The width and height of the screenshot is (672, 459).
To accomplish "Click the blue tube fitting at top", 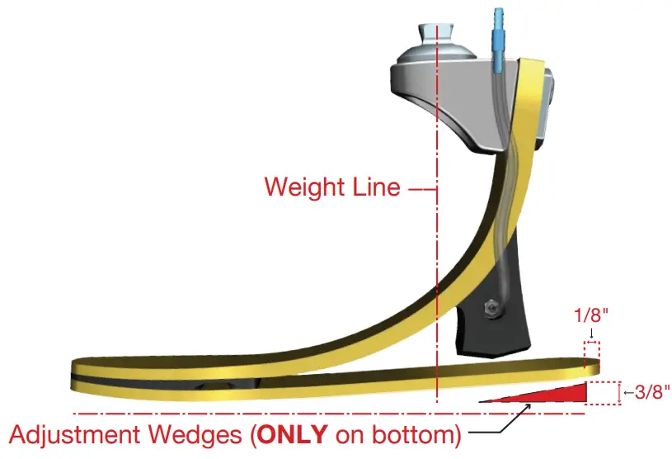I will (x=496, y=33).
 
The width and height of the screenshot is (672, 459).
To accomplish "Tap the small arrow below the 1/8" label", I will (x=592, y=334).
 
